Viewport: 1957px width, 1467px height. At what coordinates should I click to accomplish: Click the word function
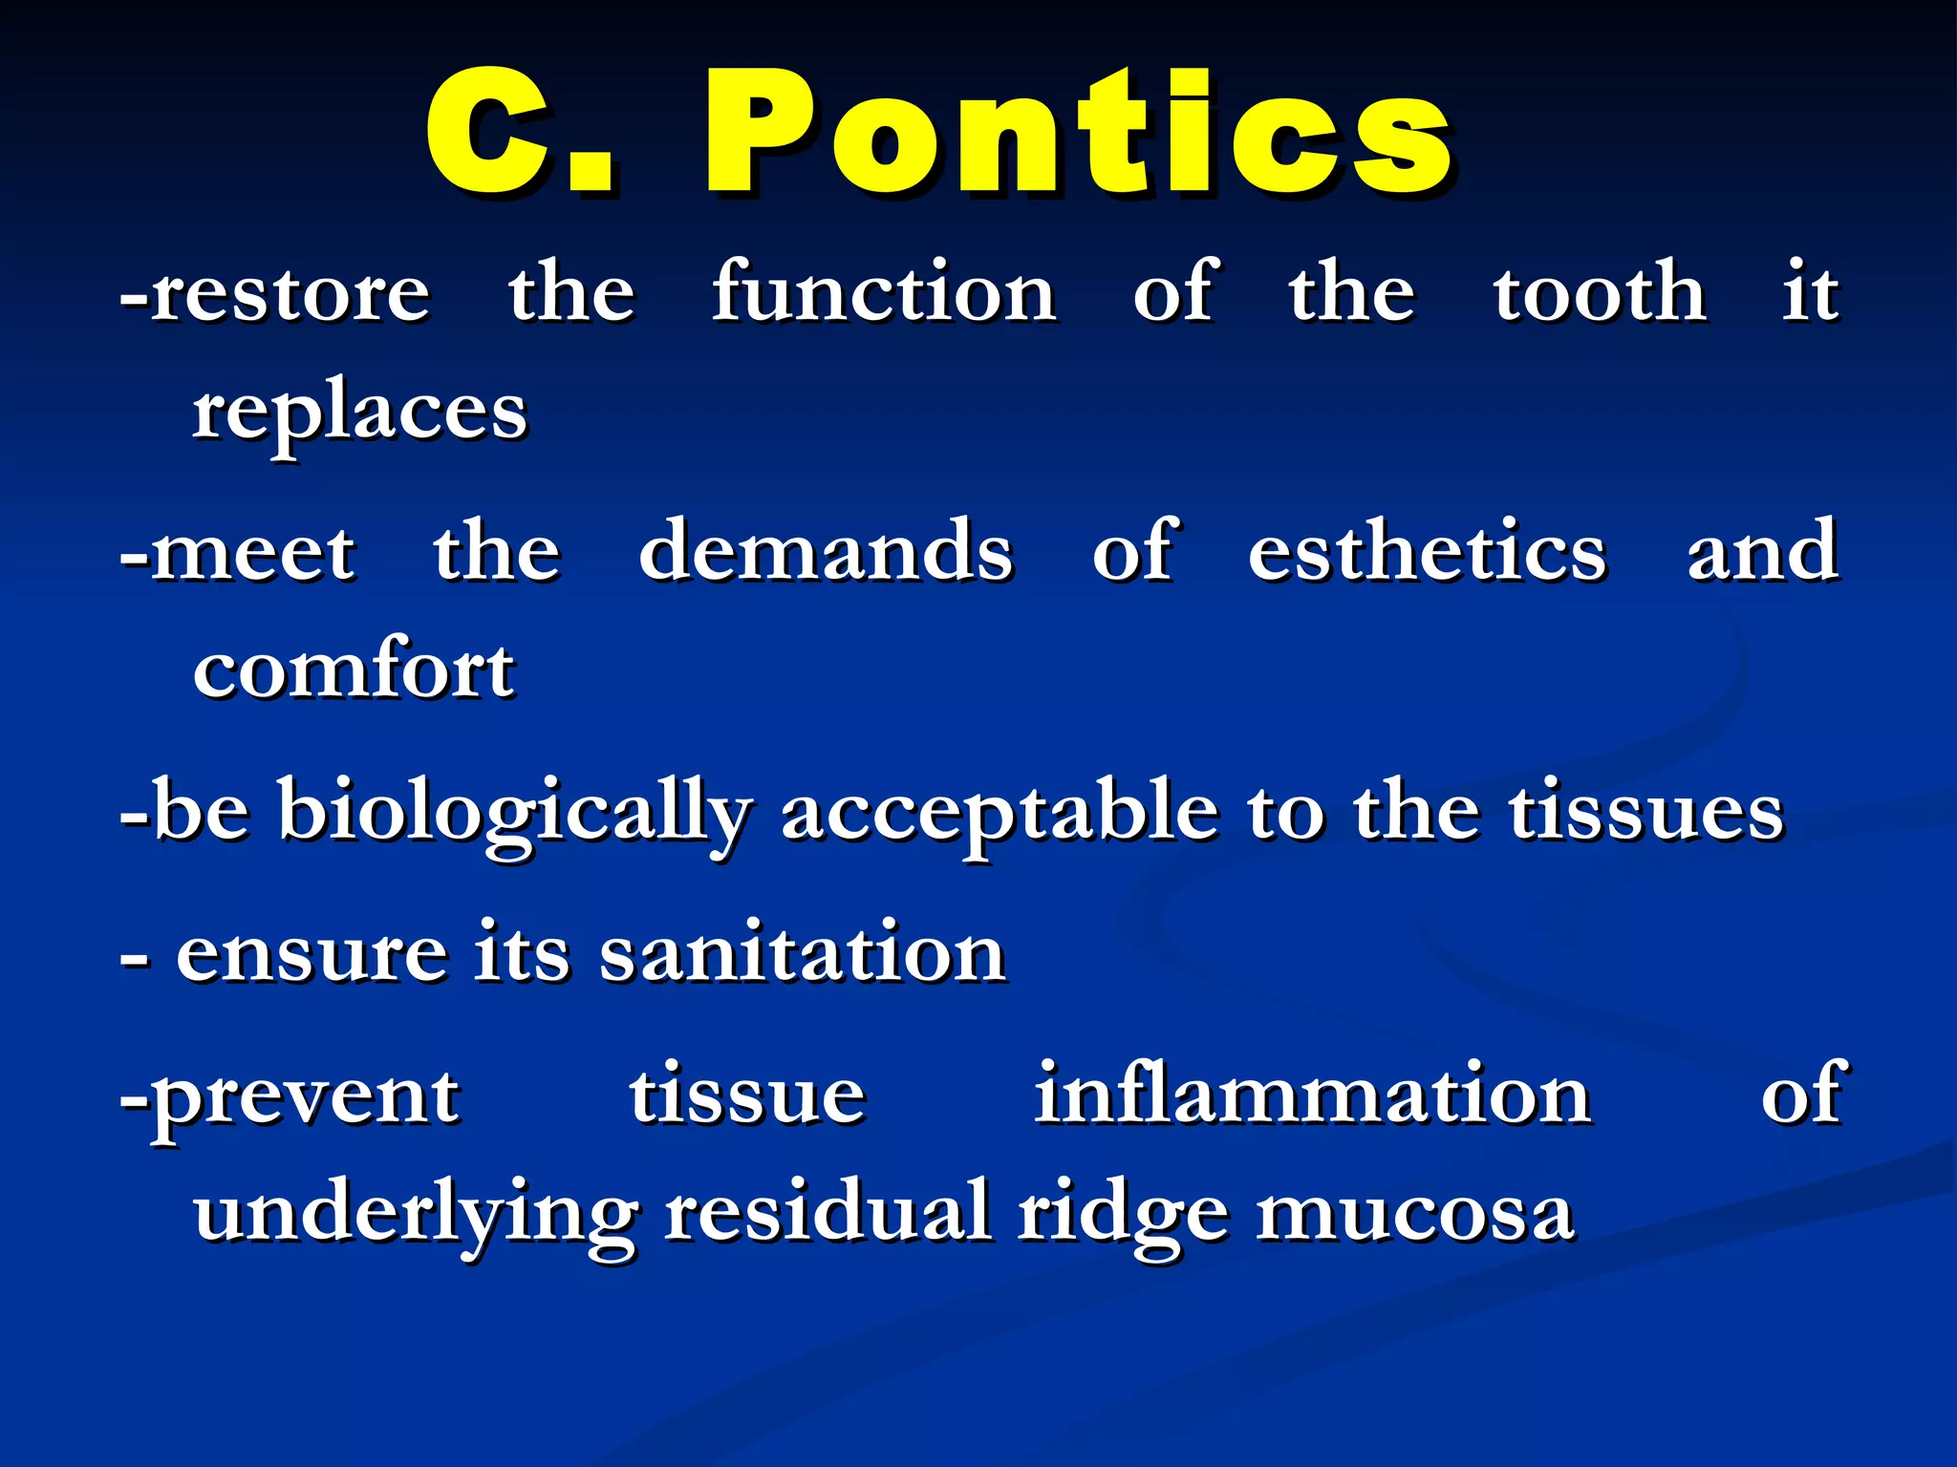click(884, 291)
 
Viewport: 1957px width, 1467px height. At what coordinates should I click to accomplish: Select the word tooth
click(1600, 291)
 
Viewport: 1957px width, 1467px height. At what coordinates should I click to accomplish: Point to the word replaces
click(359, 413)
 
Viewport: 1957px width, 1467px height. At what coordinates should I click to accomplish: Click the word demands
click(826, 552)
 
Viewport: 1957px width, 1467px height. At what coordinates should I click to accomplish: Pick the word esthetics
click(1428, 552)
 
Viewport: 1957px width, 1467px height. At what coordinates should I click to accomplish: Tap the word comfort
click(354, 669)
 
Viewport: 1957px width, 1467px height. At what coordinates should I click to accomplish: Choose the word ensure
click(312, 953)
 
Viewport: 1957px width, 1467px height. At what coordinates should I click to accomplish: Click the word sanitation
click(803, 953)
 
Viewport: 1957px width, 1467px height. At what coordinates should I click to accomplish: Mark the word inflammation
click(1313, 1095)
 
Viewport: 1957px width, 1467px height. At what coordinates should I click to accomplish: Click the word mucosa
click(1414, 1213)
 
